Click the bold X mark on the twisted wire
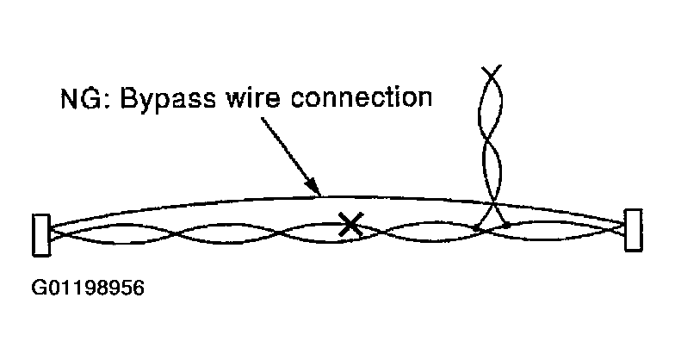pos(349,226)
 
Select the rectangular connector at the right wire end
pos(634,231)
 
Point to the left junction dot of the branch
pos(477,227)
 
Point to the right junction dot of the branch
pos(507,226)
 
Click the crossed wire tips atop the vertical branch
pos(492,74)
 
